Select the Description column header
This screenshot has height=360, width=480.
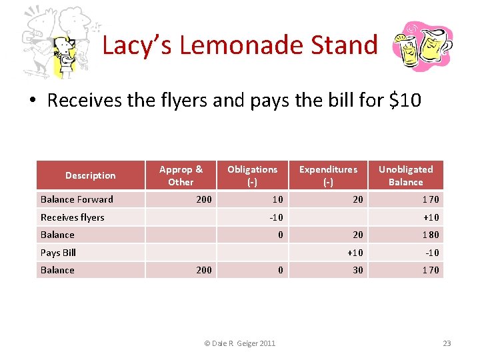91,175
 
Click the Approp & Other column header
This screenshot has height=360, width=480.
181,175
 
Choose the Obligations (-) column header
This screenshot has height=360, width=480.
252,175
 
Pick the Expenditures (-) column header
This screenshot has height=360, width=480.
328,175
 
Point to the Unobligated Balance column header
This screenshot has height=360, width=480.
405,175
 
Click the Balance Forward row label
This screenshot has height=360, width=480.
77,199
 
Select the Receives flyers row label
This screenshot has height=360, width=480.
72,217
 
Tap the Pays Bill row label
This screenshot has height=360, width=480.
59,253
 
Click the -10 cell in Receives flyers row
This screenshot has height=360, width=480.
275,217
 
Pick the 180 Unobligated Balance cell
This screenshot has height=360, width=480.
429,235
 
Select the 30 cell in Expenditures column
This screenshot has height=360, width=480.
358,270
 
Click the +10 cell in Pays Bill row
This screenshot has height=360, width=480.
355,253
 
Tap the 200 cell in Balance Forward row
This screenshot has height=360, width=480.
203,199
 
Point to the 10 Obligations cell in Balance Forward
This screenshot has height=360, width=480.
277,199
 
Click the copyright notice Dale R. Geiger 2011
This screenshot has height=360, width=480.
239,343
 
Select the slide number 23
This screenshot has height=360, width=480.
447,343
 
